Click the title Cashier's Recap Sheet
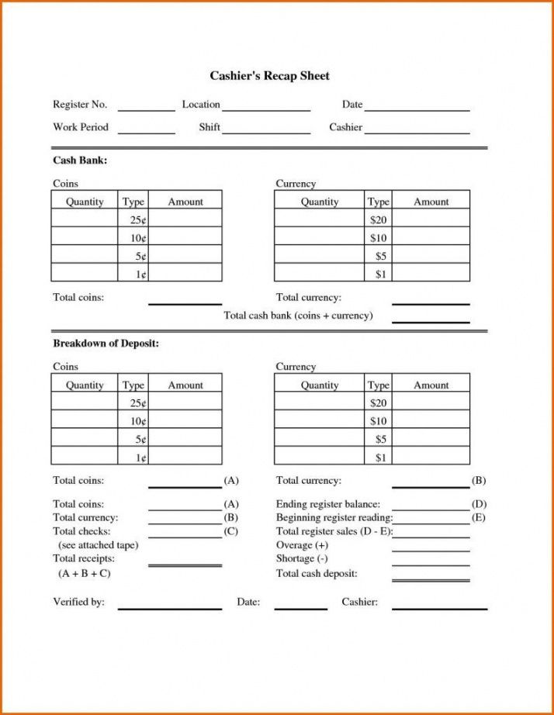click(269, 76)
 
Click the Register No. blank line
click(146, 110)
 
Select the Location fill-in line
click(266, 110)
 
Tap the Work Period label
click(81, 127)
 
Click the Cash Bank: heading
click(80, 161)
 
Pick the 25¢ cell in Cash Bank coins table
click(133, 220)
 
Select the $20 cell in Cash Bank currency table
click(379, 220)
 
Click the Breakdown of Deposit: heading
click(106, 344)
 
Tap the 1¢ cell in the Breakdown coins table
click(133, 458)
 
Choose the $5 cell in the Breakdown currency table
click(379, 440)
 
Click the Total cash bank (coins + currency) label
click(298, 316)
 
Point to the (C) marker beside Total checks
click(230, 531)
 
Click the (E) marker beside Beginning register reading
click(479, 517)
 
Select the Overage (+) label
click(302, 545)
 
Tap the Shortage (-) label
click(302, 558)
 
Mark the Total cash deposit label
click(317, 573)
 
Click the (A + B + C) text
click(85, 573)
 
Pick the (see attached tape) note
click(98, 545)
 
